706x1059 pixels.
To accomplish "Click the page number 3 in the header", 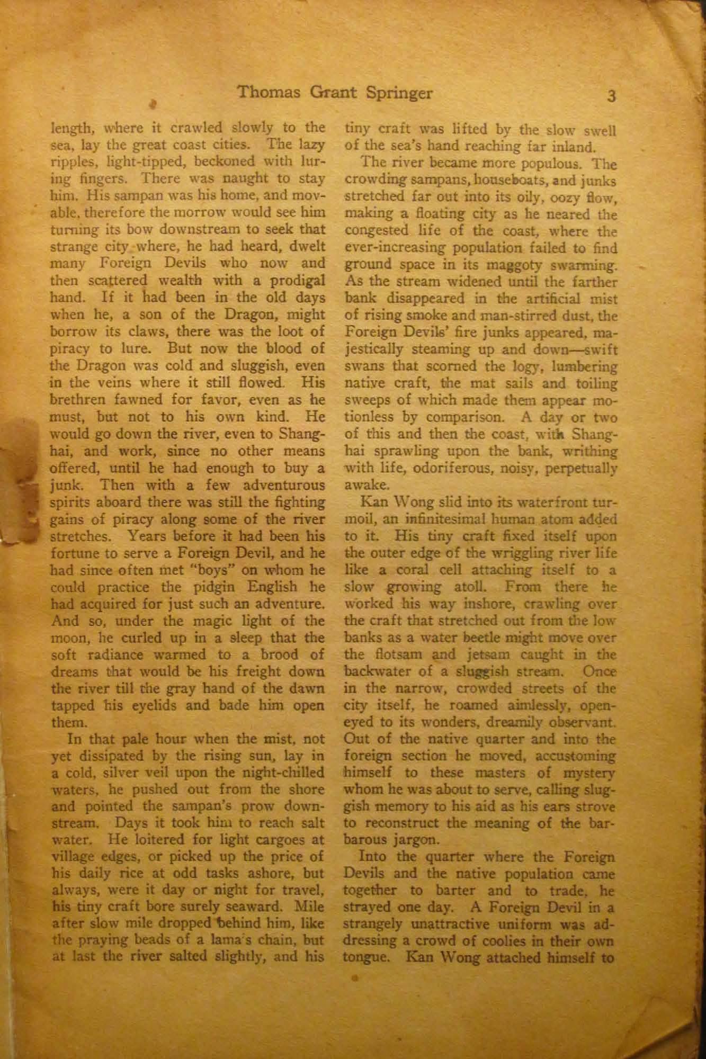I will (x=612, y=96).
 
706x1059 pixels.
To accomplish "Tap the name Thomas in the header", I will (x=267, y=93).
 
